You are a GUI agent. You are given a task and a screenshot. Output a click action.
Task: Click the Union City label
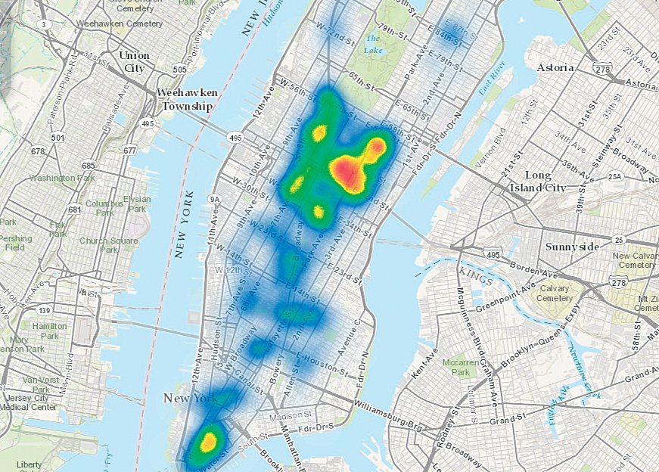(x=134, y=62)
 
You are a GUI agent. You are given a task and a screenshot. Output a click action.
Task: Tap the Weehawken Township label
(x=186, y=99)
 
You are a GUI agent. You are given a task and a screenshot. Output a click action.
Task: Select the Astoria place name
(x=556, y=67)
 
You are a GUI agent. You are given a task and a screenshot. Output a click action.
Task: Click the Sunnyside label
(x=573, y=247)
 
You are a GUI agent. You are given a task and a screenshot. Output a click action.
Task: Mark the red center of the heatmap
(x=348, y=171)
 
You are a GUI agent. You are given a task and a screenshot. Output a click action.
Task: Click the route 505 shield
(x=179, y=70)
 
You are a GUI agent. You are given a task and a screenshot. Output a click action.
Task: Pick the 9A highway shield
(x=214, y=200)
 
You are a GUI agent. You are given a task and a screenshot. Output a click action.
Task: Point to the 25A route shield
(x=614, y=177)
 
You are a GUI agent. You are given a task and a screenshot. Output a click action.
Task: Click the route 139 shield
(x=45, y=311)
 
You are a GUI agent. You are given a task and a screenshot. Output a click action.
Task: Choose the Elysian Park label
(x=138, y=203)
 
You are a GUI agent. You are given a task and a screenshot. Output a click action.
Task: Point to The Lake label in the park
(x=373, y=43)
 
